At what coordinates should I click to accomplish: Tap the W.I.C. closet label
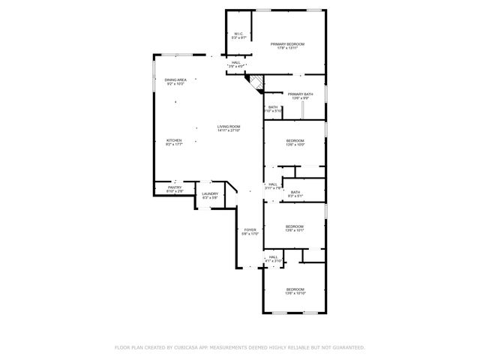pyautogui.click(x=238, y=34)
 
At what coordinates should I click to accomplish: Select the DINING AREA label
pyautogui.click(x=175, y=79)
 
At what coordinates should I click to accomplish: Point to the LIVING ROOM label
pyautogui.click(x=229, y=126)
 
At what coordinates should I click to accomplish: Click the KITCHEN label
pyautogui.click(x=174, y=140)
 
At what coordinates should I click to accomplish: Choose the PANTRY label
pyautogui.click(x=174, y=187)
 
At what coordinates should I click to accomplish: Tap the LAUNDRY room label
pyautogui.click(x=210, y=194)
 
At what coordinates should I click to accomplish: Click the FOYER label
pyautogui.click(x=250, y=229)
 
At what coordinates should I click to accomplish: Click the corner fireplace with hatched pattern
pyautogui.click(x=256, y=82)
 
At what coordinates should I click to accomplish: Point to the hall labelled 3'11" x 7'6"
pyautogui.click(x=273, y=186)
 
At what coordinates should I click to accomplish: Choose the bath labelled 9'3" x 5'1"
pyautogui.click(x=295, y=194)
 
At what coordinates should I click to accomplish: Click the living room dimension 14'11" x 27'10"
pyautogui.click(x=229, y=130)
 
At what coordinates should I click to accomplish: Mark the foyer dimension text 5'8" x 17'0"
pyautogui.click(x=250, y=234)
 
